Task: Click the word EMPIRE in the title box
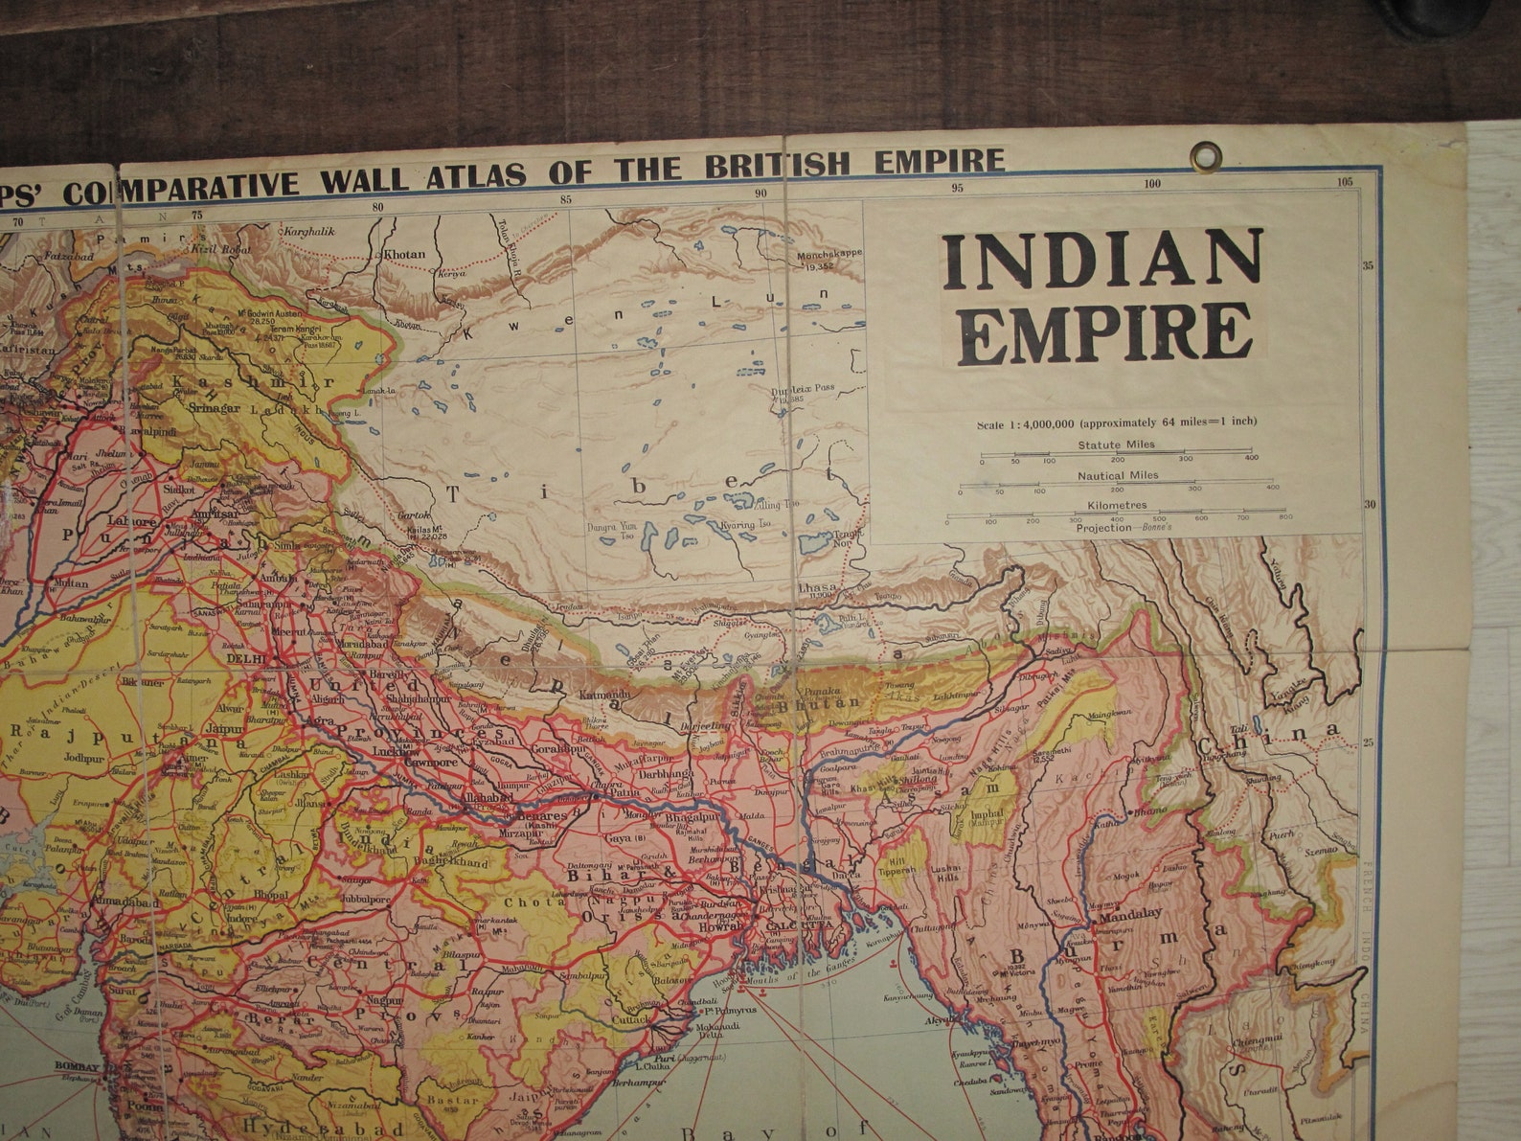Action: (x=1108, y=332)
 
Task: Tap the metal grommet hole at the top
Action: (x=1206, y=154)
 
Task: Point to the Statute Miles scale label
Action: (x=1116, y=445)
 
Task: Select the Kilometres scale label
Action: (x=1116, y=505)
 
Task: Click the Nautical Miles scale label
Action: (x=1117, y=475)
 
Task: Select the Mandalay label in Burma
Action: (x=1130, y=915)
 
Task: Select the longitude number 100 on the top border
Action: (x=1151, y=185)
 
